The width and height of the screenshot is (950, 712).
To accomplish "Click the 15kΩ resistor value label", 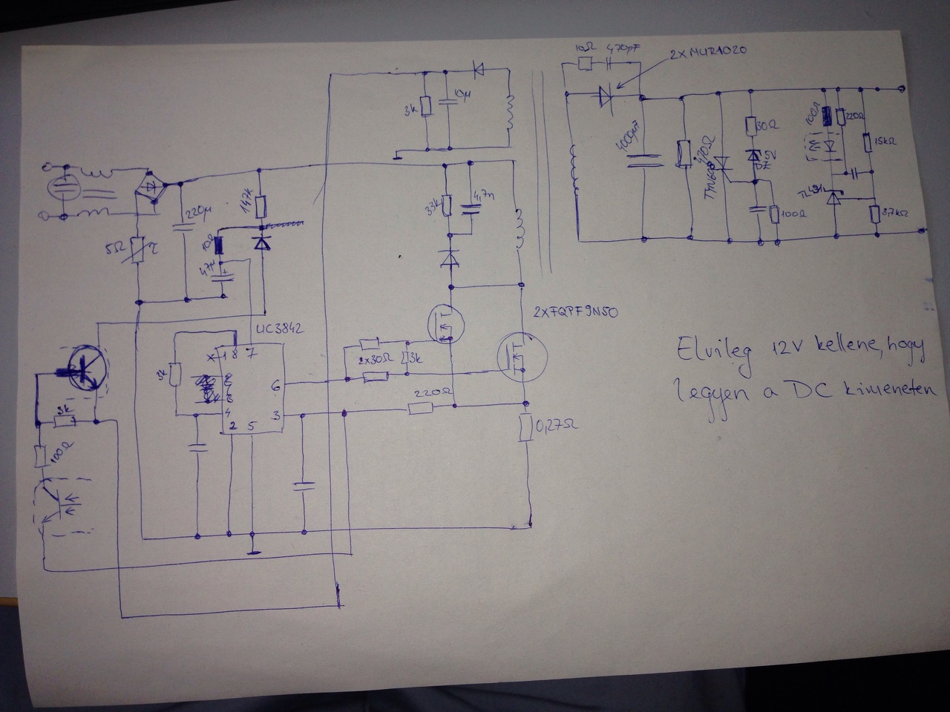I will point(886,141).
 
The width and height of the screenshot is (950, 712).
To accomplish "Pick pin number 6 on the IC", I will point(276,385).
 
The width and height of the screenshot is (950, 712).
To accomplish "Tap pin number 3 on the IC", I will point(276,417).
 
